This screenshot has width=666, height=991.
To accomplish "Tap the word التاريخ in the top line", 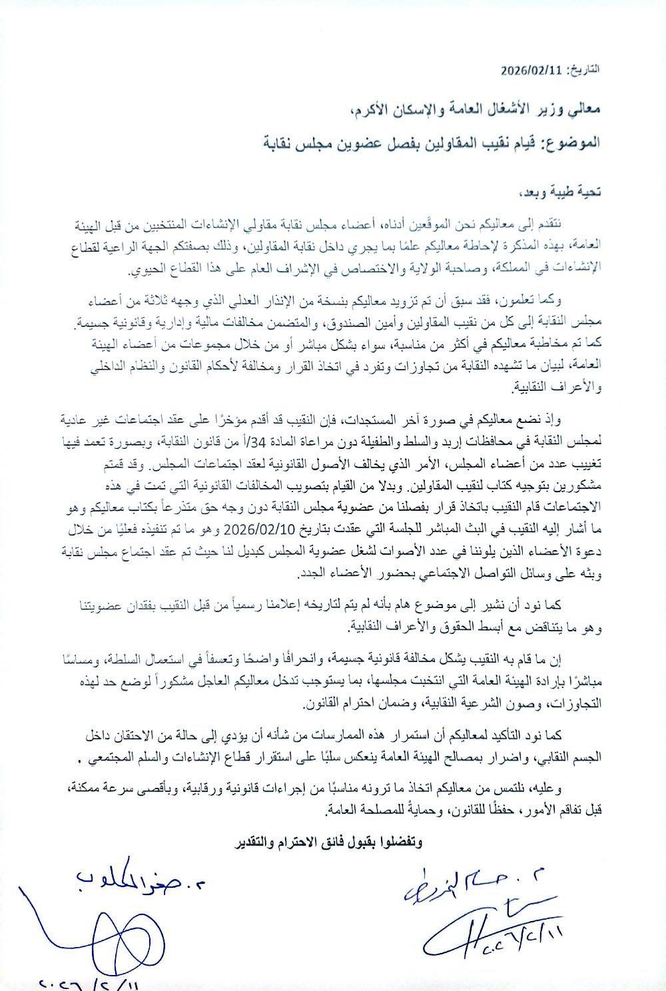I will pos(581,69).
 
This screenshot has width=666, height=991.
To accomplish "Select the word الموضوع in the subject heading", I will pos(573,142).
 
